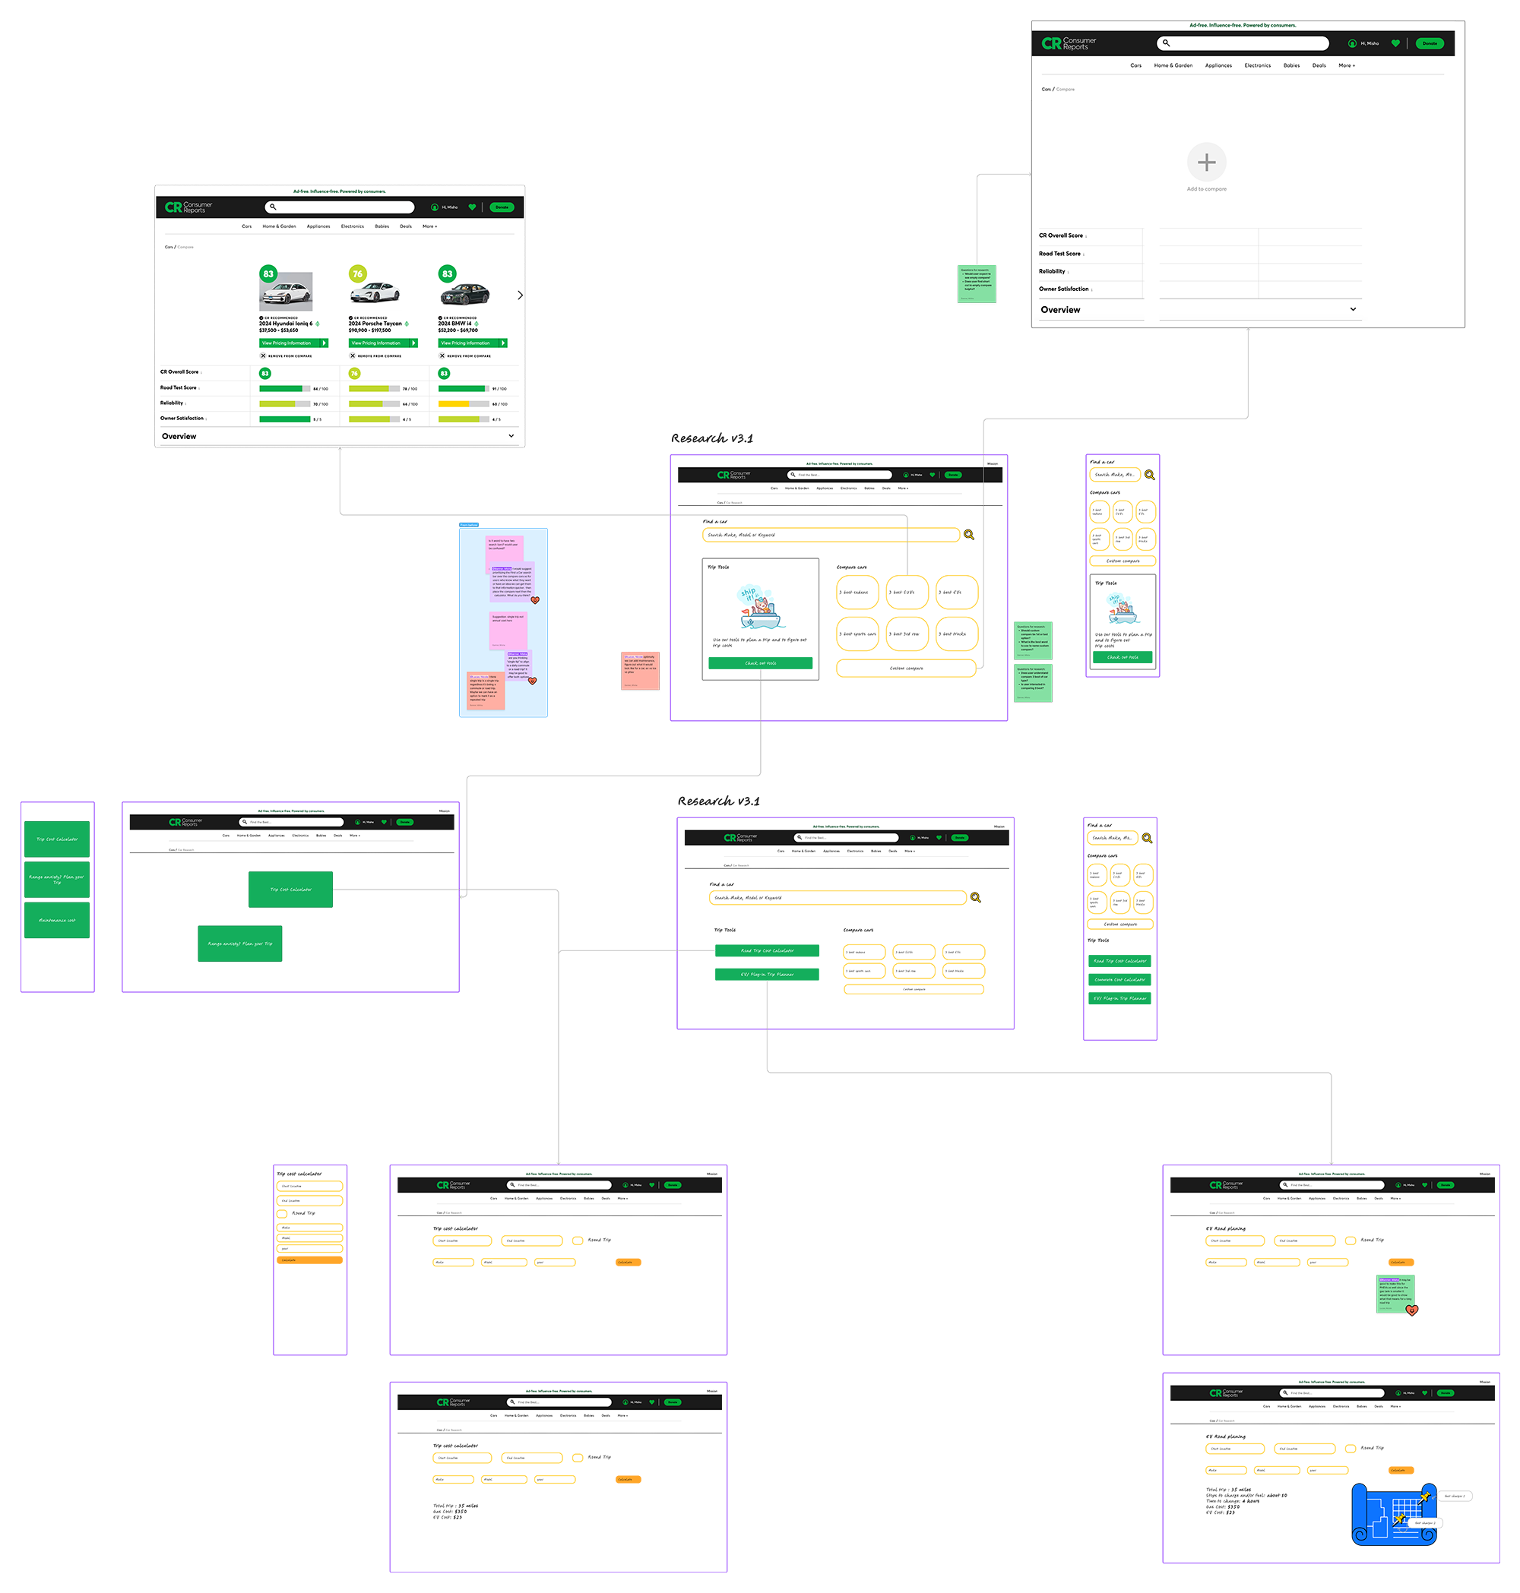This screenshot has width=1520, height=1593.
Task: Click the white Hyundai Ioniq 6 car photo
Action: click(286, 292)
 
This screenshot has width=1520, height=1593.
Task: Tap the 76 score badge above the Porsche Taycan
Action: click(357, 273)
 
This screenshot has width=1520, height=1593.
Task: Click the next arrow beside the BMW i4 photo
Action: click(519, 295)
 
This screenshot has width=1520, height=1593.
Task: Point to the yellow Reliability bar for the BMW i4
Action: click(454, 403)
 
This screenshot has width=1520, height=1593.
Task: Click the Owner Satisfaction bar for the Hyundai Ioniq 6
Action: click(284, 419)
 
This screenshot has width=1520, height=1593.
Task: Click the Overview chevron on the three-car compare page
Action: click(511, 436)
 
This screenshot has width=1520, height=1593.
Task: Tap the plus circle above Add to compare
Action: click(1206, 163)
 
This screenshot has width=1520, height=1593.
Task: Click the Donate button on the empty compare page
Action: click(1430, 44)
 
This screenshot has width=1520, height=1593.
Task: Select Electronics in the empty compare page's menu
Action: click(1258, 65)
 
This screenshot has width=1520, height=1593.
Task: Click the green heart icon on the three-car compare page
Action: click(473, 207)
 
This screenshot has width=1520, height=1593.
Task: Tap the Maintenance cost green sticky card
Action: click(57, 921)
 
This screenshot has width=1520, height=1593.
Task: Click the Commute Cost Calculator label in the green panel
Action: click(1119, 980)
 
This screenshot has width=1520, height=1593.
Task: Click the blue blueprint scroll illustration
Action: click(1394, 1515)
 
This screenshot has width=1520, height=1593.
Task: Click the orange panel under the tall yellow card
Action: click(309, 1304)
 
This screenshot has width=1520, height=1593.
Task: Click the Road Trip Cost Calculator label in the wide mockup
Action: click(768, 951)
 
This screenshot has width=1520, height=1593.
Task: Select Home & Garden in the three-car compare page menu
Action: click(279, 227)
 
